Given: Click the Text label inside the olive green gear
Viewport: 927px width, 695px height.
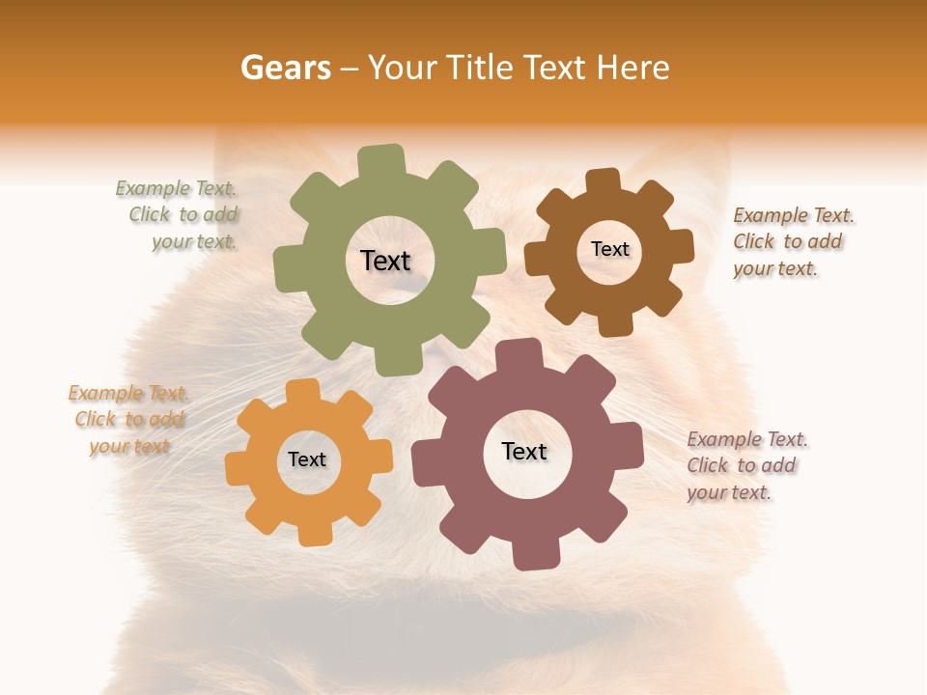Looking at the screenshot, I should (x=385, y=261).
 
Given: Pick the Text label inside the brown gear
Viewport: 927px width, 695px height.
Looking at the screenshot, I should (x=609, y=249).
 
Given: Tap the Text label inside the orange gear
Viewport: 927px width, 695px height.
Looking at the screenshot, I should (x=307, y=459).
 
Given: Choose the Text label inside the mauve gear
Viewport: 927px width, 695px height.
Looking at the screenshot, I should (x=524, y=451).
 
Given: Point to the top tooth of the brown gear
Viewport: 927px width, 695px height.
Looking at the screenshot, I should (x=604, y=180).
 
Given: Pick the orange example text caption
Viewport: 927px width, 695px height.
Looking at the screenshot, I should (x=128, y=419).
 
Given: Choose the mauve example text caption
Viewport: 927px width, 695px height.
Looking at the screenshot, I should (x=745, y=465).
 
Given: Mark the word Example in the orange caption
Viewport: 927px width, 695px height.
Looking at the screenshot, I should (x=104, y=393).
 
